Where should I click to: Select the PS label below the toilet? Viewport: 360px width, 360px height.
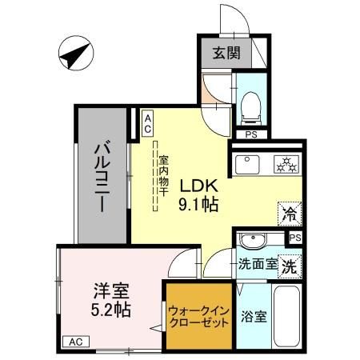click(x=251, y=134)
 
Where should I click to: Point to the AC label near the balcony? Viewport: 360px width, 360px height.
click(x=148, y=122)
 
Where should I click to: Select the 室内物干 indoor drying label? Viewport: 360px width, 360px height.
click(x=163, y=176)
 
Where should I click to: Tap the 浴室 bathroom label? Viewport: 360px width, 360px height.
click(x=255, y=316)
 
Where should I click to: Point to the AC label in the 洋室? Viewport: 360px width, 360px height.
click(x=74, y=342)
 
